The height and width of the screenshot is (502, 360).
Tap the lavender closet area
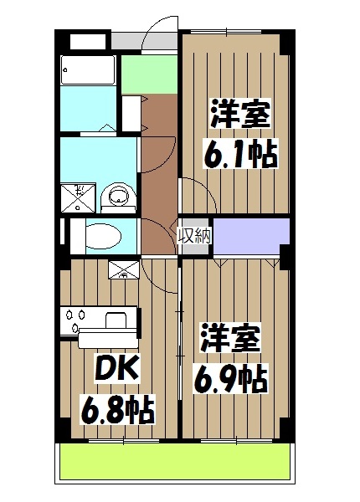pyautogui.click(x=249, y=234)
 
